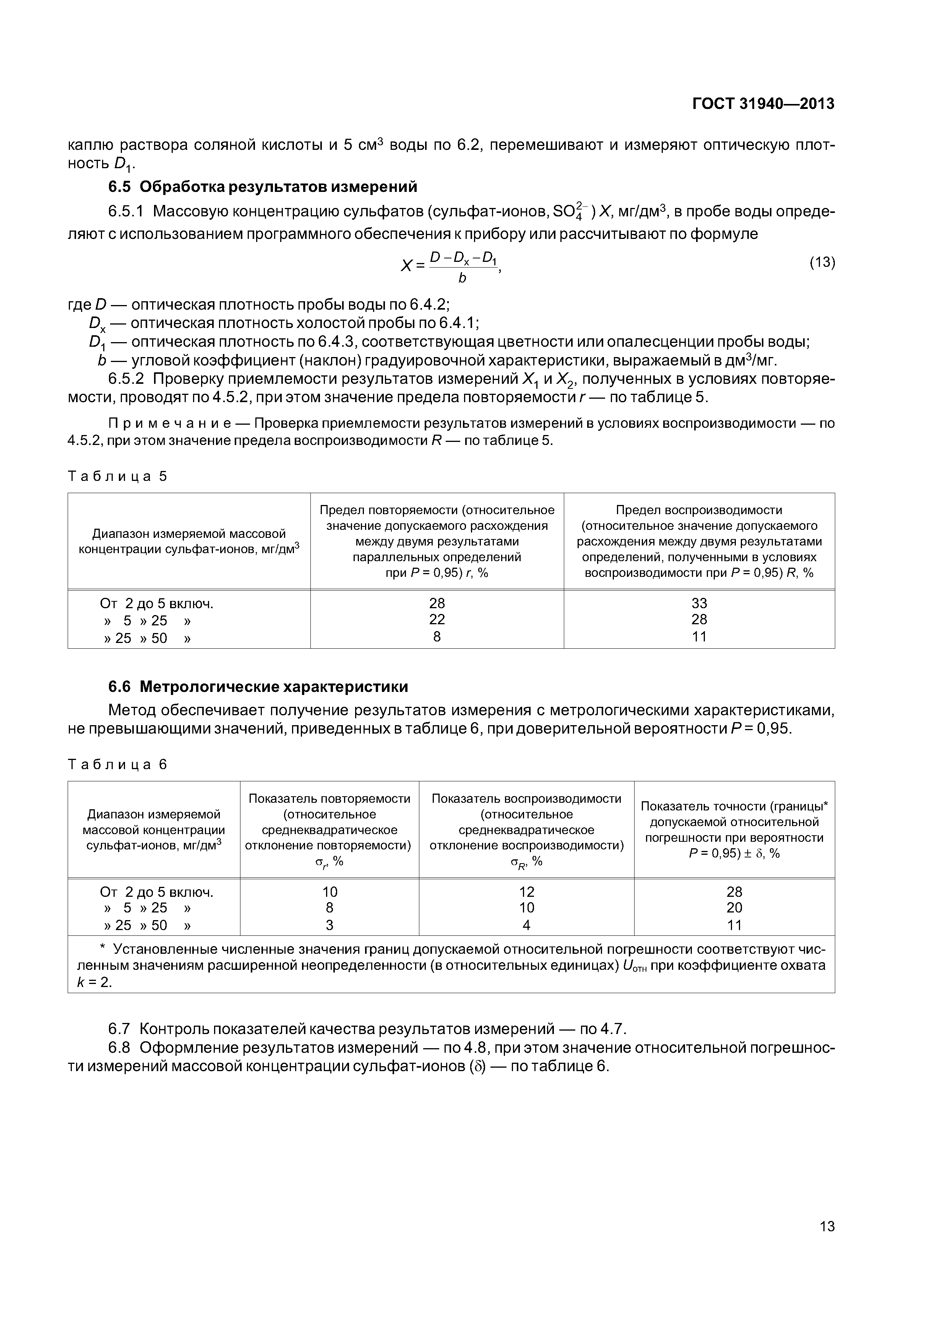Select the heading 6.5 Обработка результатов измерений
tap(263, 187)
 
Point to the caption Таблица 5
tap(117, 476)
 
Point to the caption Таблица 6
tap(117, 764)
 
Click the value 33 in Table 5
tap(699, 603)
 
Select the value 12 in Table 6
tap(526, 891)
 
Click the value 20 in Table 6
tap(734, 907)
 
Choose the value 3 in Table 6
tap(330, 925)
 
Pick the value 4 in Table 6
tap(526, 925)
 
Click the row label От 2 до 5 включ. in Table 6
tap(157, 892)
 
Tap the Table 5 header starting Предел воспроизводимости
tap(699, 541)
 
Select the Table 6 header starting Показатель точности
tap(734, 830)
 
